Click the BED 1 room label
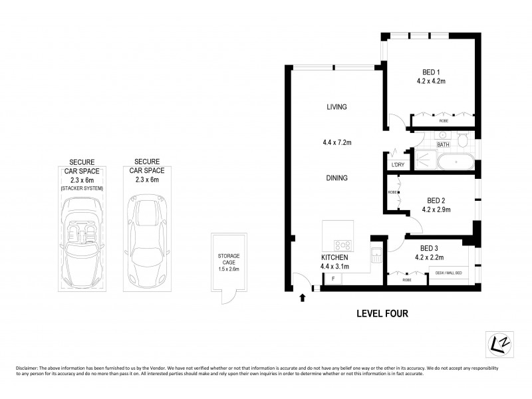431,72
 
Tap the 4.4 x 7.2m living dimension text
336,142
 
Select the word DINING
336,178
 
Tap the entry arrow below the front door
303,297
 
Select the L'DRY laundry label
398,165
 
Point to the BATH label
443,144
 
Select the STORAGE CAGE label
229,259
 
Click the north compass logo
494,342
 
